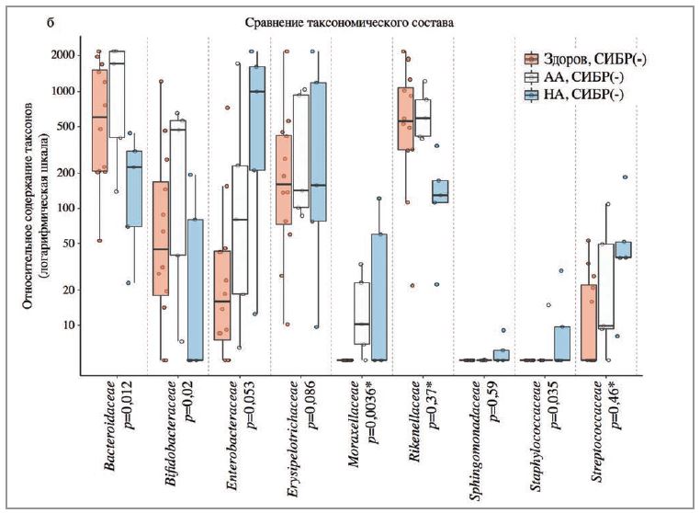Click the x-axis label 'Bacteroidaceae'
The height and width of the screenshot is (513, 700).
[x=110, y=418]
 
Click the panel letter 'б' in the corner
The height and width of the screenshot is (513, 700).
[x=50, y=19]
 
